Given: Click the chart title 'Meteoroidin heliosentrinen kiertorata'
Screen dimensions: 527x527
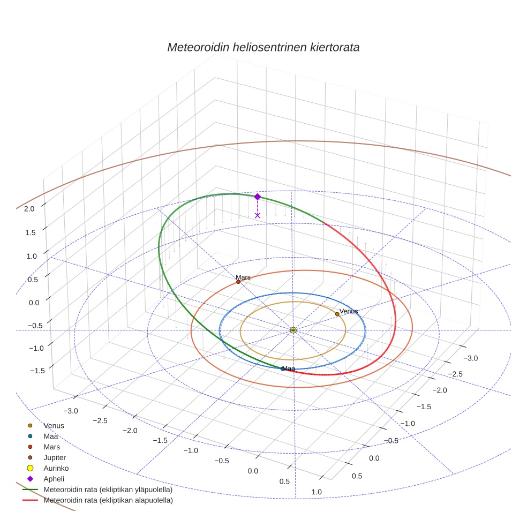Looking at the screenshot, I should pyautogui.click(x=263, y=47).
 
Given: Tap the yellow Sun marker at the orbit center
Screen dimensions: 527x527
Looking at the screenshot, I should pyautogui.click(x=293, y=330).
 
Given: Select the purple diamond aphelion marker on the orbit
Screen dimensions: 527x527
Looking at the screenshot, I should pyautogui.click(x=257, y=197).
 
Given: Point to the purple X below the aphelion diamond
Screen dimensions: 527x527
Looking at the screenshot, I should pyautogui.click(x=258, y=215).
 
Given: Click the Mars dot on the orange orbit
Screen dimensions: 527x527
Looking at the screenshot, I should pyautogui.click(x=238, y=282).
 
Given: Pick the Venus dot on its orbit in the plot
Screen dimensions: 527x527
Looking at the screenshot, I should pyautogui.click(x=337, y=314).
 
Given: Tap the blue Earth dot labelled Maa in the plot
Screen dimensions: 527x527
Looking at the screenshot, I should pyautogui.click(x=282, y=368).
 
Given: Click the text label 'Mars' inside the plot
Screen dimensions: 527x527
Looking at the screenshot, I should pyautogui.click(x=243, y=277).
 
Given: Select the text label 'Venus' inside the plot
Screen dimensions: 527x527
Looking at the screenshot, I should pyautogui.click(x=349, y=311).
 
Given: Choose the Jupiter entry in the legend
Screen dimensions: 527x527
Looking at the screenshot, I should pyautogui.click(x=55, y=457).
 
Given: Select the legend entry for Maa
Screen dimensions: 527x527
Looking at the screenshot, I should pyautogui.click(x=50, y=436).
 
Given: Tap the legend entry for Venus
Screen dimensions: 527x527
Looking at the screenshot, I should pyautogui.click(x=54, y=425).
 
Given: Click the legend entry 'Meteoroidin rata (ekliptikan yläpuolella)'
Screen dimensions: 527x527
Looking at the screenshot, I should pyautogui.click(x=108, y=490).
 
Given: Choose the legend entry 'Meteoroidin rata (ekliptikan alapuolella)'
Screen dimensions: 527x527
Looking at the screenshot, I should pyautogui.click(x=108, y=500).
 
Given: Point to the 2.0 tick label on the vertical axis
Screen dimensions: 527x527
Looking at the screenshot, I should pyautogui.click(x=29, y=209).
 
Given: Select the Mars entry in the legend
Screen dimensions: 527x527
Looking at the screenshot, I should pyautogui.click(x=51, y=447).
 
